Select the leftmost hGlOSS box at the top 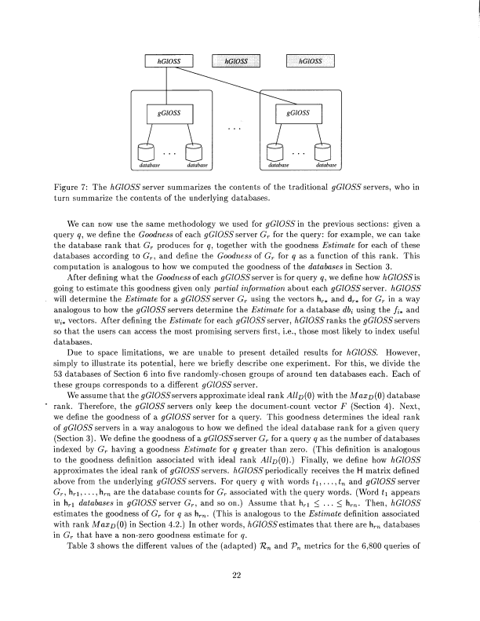[x=168, y=60]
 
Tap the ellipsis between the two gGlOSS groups [x=235, y=127]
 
